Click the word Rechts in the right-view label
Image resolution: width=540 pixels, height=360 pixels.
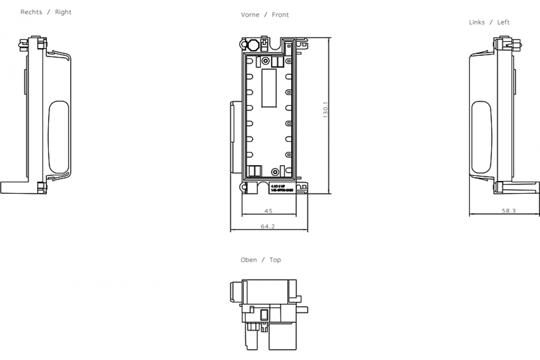tap(31, 12)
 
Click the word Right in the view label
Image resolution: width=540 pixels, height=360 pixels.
tap(63, 12)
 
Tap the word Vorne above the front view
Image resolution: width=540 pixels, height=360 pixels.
tap(250, 15)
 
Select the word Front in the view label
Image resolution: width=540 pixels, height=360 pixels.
tap(280, 15)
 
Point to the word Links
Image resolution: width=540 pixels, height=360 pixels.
tap(477, 22)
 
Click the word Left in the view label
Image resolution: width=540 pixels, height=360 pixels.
tap(503, 22)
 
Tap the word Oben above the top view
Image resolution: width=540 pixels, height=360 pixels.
tap(249, 260)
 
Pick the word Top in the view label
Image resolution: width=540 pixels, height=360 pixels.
tap(275, 260)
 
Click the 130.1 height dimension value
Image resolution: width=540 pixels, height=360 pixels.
tap(326, 109)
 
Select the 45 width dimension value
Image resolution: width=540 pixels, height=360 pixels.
tap(269, 211)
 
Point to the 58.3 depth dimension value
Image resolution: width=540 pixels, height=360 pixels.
tap(508, 211)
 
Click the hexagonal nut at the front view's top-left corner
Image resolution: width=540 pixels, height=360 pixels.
tap(253, 45)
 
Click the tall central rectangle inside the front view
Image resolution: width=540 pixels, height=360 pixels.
tap(269, 88)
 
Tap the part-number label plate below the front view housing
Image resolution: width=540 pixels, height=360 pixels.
tap(282, 189)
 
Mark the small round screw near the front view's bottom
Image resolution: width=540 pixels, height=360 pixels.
tap(275, 171)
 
